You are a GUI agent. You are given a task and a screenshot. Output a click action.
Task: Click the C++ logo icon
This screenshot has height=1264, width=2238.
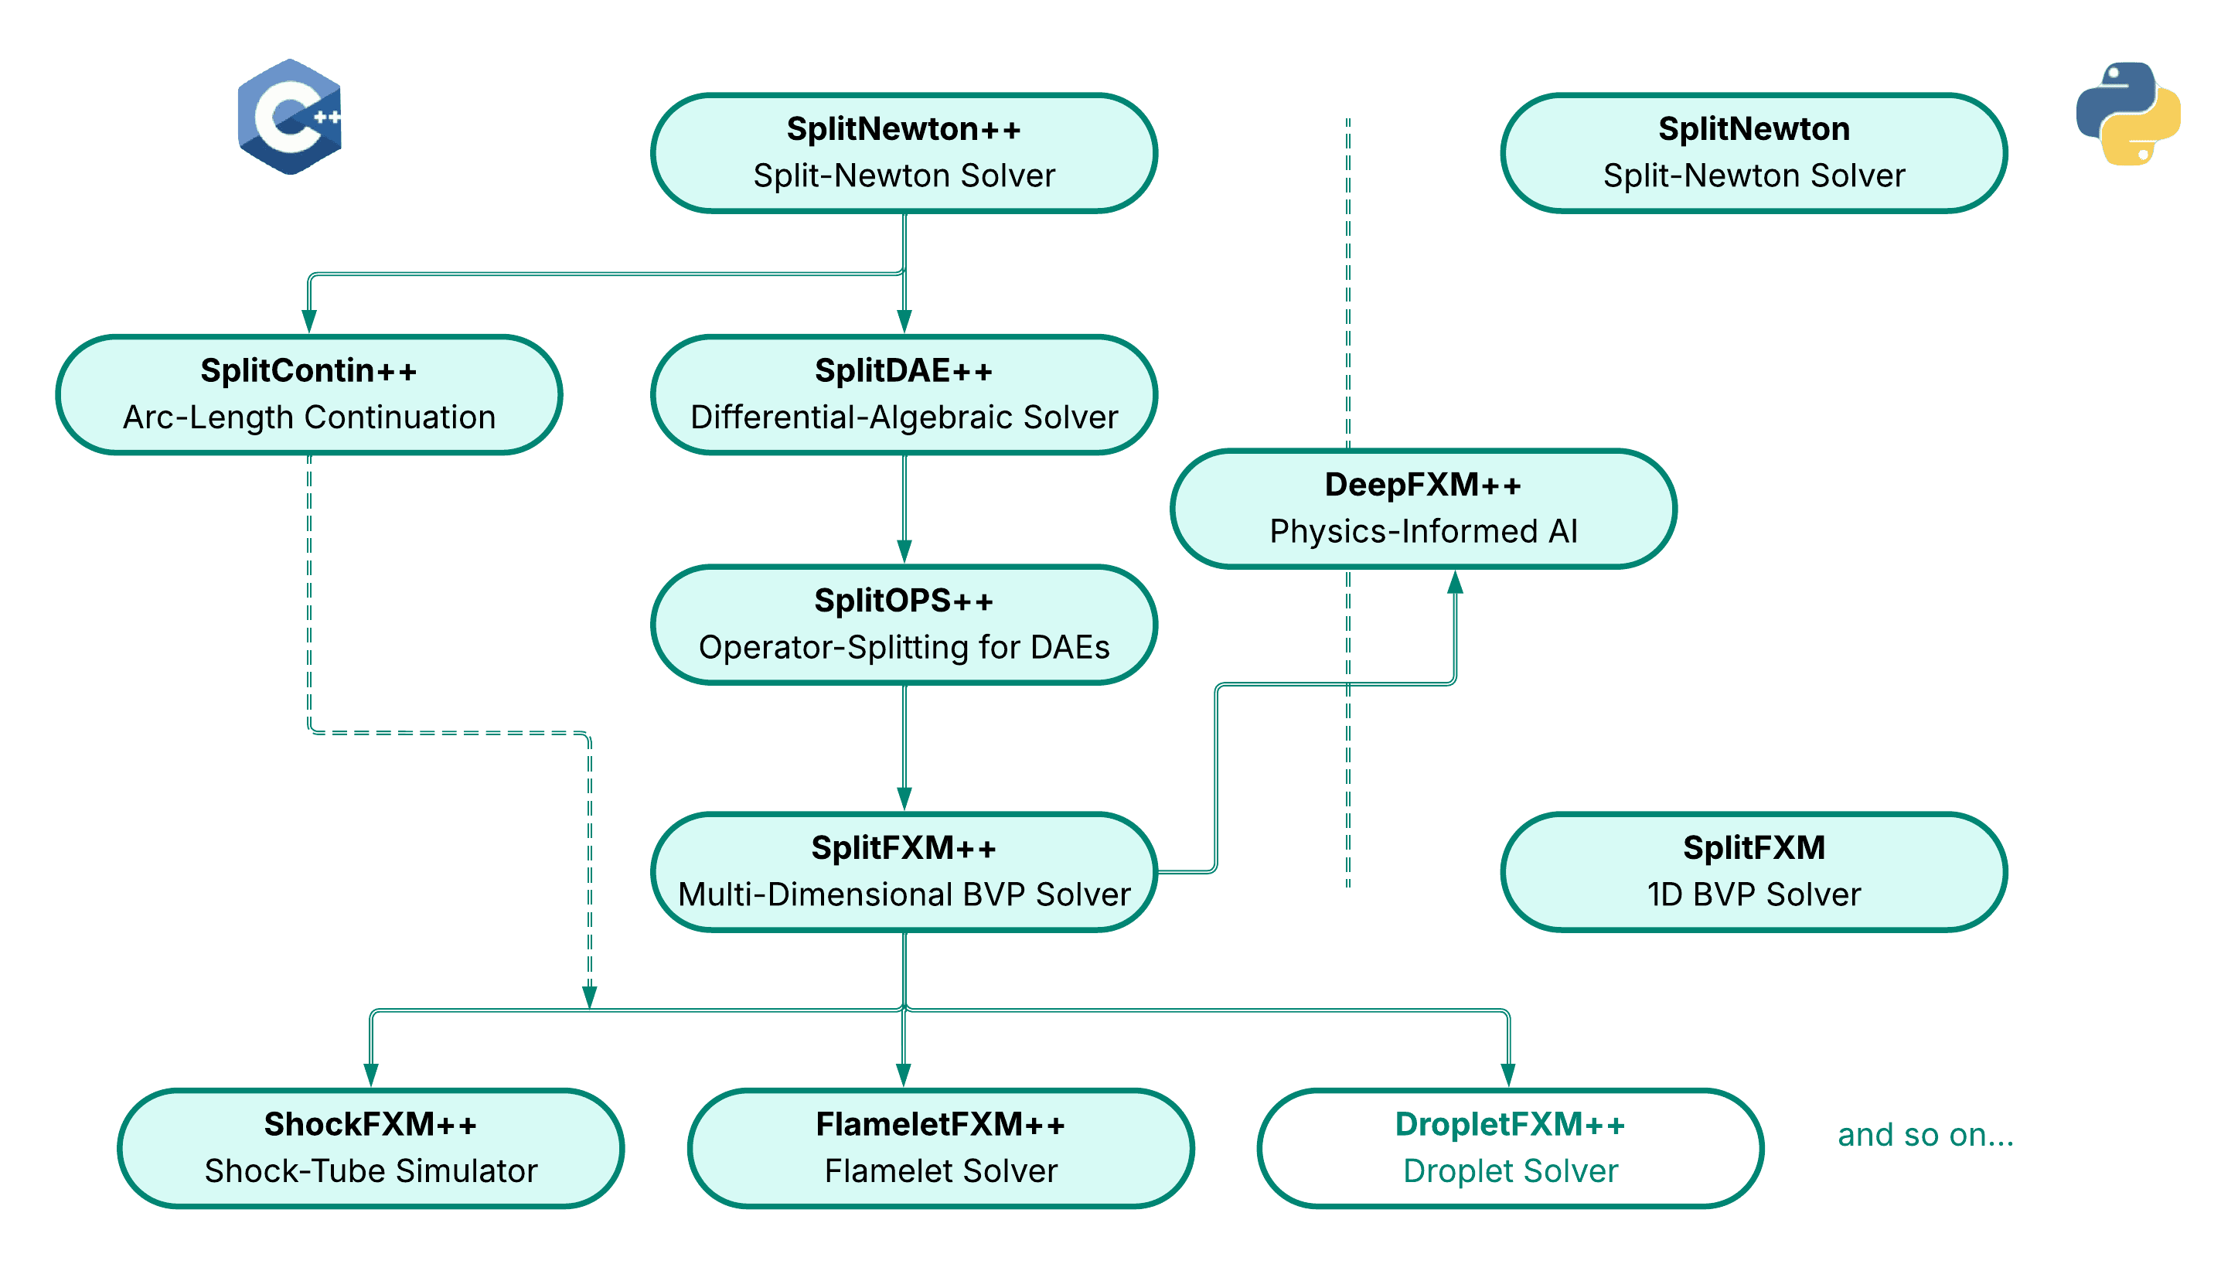click(x=289, y=117)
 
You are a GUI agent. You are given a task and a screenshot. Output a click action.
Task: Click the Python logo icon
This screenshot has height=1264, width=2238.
click(x=2128, y=114)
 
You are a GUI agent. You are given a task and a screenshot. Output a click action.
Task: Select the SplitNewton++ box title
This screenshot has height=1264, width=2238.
click(x=904, y=128)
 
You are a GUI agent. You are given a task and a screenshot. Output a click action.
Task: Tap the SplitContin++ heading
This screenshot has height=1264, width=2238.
click(x=308, y=370)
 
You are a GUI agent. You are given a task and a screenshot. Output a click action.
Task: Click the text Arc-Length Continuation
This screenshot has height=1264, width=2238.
click(x=308, y=417)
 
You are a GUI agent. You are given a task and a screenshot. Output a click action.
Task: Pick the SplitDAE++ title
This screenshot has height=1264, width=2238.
click(x=904, y=370)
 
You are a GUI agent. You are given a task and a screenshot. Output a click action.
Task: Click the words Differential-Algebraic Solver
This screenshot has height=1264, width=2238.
click(x=904, y=417)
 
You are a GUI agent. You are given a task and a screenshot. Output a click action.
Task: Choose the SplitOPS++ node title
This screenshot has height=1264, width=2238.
click(x=904, y=600)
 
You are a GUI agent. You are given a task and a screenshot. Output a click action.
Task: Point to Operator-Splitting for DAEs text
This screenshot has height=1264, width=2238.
click(x=904, y=647)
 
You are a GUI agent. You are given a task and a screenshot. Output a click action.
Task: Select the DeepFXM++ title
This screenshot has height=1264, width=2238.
click(x=1423, y=485)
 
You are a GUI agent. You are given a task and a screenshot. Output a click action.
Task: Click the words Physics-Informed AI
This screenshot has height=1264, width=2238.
click(x=1423, y=531)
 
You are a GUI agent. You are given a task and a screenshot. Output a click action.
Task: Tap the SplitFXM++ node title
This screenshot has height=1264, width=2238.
click(x=904, y=847)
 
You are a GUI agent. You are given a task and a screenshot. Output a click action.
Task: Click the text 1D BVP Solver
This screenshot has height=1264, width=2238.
click(x=1753, y=894)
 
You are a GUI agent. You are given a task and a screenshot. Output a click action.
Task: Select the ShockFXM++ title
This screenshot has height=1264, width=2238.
click(x=370, y=1124)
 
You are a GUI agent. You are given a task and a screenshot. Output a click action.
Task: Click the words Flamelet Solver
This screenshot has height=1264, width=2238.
click(x=941, y=1171)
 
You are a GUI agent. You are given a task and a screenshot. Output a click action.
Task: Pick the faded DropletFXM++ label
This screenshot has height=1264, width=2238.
click(x=1510, y=1124)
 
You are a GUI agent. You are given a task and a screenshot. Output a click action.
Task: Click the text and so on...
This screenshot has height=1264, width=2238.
click(x=1925, y=1135)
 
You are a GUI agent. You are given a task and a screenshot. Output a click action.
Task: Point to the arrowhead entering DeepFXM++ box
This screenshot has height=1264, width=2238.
click(x=1455, y=583)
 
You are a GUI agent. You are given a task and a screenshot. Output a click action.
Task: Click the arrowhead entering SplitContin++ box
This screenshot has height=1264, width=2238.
click(x=308, y=322)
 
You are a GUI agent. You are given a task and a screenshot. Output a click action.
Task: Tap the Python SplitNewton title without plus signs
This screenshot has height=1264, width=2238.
click(x=1753, y=128)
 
